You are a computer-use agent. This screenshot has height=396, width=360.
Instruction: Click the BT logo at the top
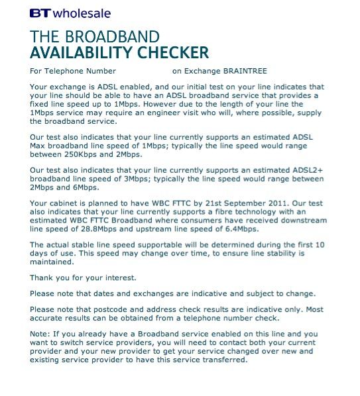39,13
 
